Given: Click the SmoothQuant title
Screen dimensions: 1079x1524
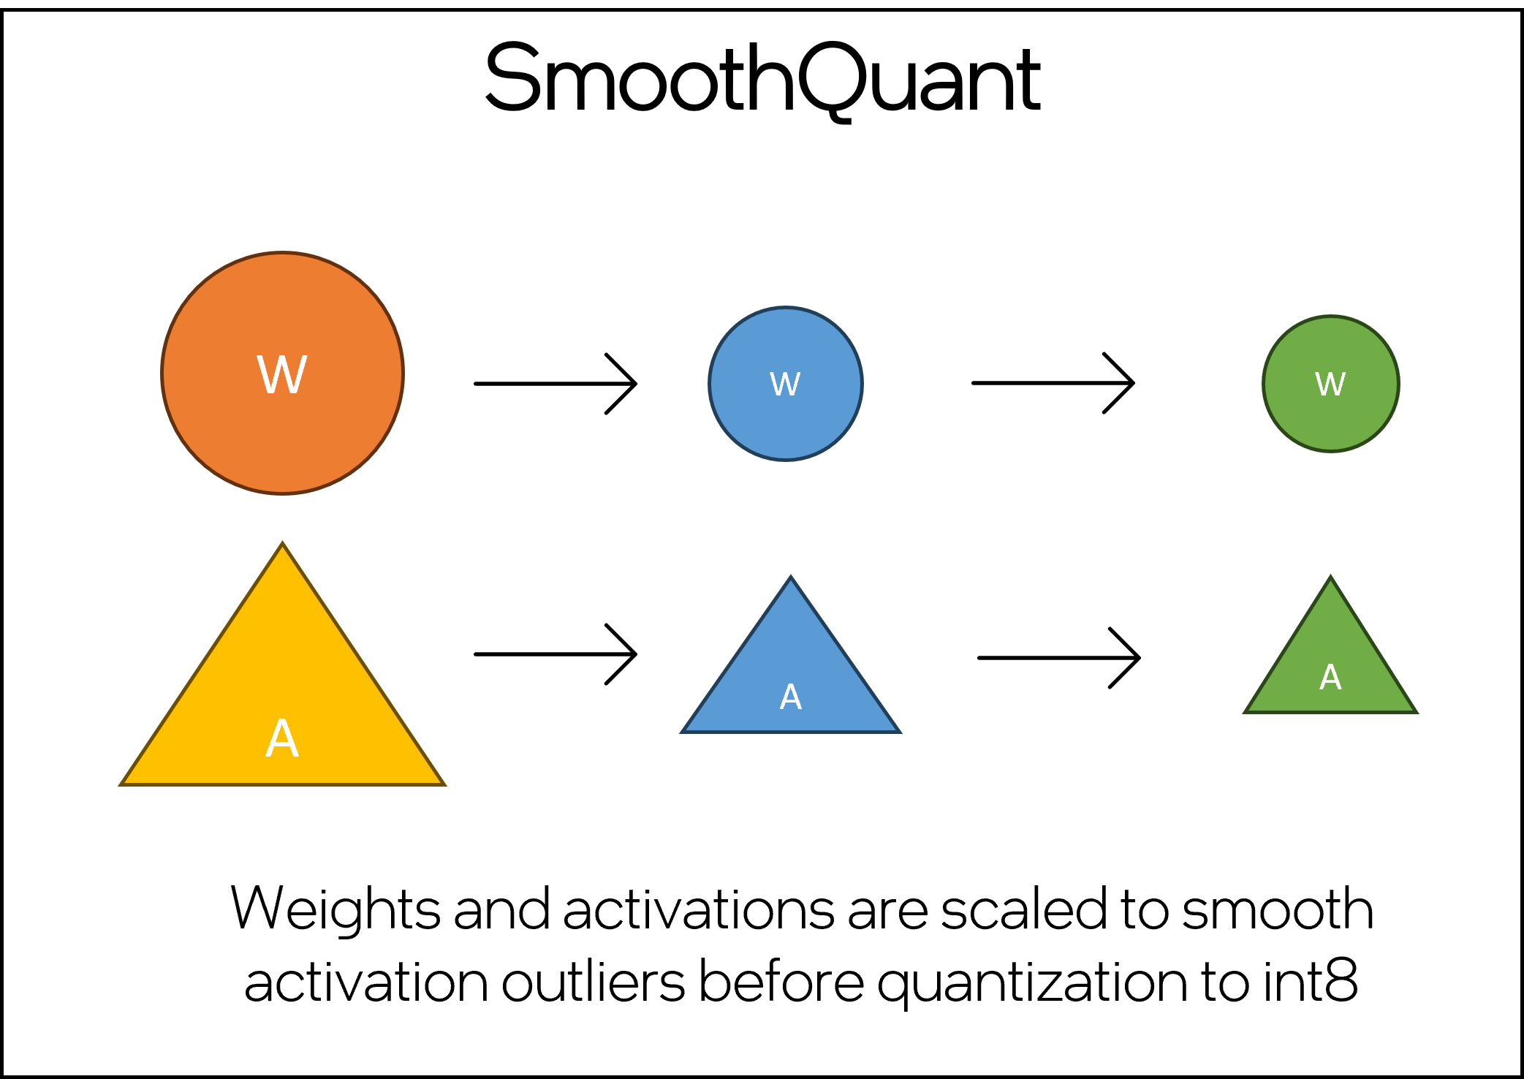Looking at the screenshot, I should pyautogui.click(x=762, y=79).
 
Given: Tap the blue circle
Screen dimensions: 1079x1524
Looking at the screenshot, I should pyautogui.click(x=786, y=424).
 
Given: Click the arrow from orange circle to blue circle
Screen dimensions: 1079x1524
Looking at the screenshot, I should pyautogui.click(x=556, y=383).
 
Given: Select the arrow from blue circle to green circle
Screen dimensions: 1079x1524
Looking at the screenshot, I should pyautogui.click(x=1053, y=382).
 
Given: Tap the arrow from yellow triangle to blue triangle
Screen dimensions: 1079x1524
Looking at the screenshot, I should pyautogui.click(x=556, y=654).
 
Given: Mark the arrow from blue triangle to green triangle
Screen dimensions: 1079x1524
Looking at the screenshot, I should pyautogui.click(x=1058, y=657).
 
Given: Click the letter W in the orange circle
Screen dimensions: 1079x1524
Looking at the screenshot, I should pyautogui.click(x=282, y=375).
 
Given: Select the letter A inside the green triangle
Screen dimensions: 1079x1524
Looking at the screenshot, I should pyautogui.click(x=1330, y=678).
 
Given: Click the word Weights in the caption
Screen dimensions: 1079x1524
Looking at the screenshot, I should pyautogui.click(x=335, y=909).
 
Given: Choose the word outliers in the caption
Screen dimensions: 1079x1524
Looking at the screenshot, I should pyautogui.click(x=593, y=981).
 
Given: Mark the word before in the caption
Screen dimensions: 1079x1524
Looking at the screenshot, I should pyautogui.click(x=781, y=981).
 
